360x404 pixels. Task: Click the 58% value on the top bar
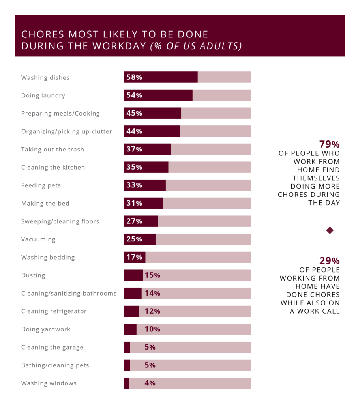134,77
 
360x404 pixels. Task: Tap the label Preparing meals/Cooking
60,114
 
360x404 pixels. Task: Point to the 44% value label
134,131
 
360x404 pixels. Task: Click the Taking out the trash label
52,150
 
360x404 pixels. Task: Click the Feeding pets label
41,185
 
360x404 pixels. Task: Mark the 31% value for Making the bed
134,204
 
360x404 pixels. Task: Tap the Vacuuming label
38,239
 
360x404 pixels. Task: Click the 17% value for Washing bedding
134,257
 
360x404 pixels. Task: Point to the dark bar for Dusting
133,275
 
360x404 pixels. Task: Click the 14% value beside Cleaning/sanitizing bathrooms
152,294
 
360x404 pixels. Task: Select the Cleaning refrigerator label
54,311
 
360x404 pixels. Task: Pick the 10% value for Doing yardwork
152,329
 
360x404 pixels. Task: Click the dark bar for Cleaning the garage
127,348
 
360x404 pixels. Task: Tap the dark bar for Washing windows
126,383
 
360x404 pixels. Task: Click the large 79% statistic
330,144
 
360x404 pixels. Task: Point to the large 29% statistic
330,261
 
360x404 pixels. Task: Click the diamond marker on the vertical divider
330,230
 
